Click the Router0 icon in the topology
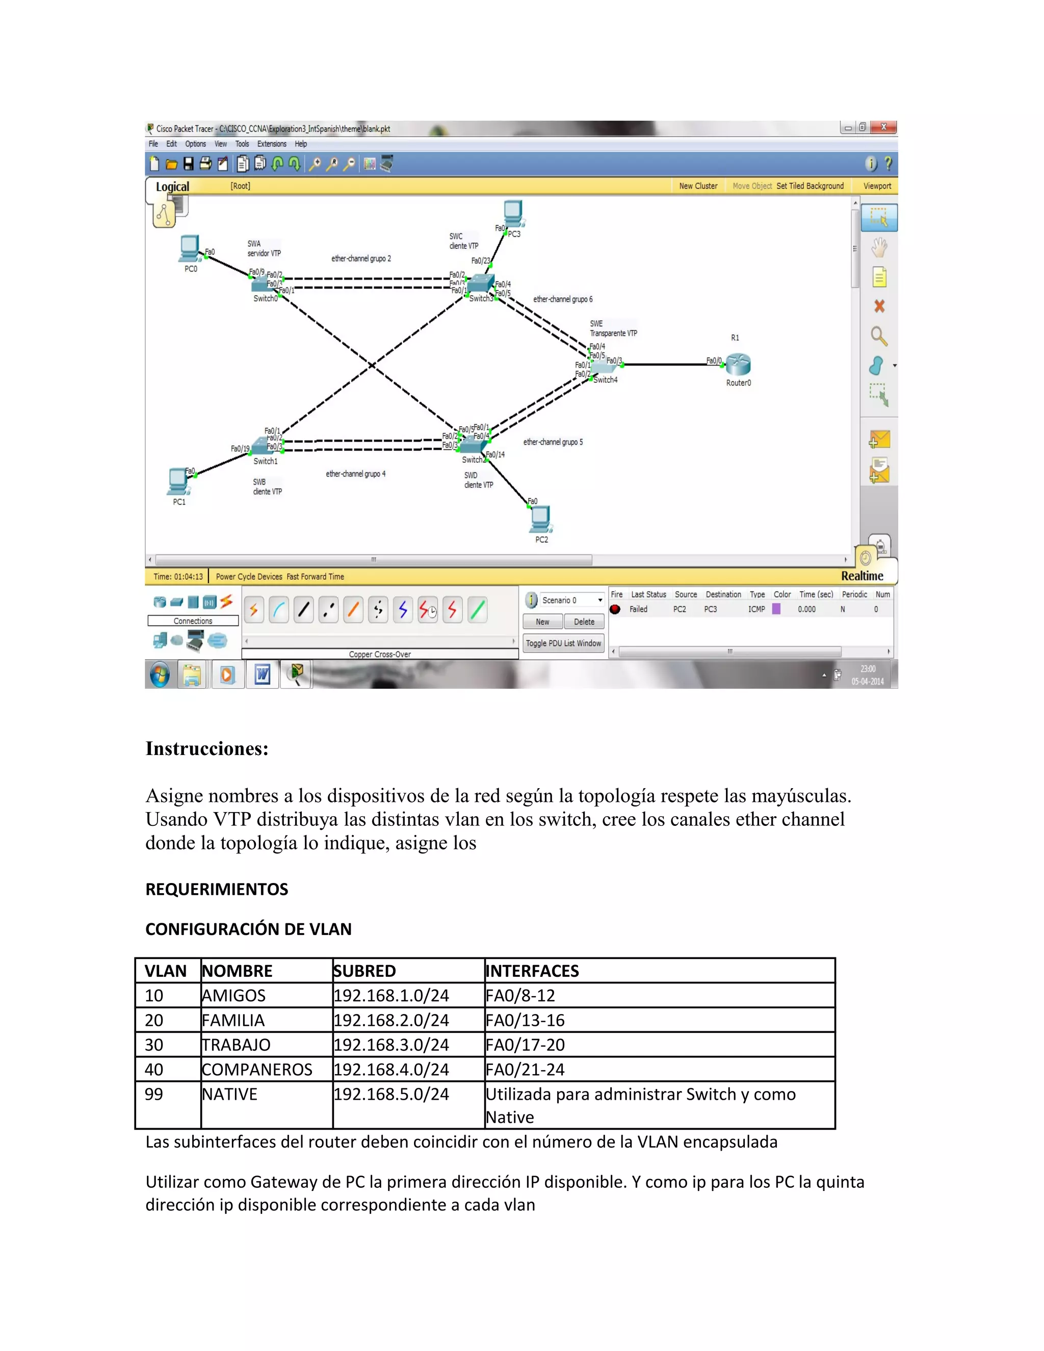click(738, 365)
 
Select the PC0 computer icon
click(190, 249)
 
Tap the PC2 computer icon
click(540, 519)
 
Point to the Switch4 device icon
click(604, 368)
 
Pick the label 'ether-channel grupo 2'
click(361, 258)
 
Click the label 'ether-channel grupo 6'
click(563, 299)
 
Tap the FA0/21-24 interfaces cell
click(525, 1070)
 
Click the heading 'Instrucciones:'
click(207, 748)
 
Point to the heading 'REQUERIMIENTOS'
click(217, 889)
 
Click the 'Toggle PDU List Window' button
click(563, 643)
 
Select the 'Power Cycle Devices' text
click(249, 577)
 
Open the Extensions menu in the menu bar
click(272, 144)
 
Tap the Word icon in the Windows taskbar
click(262, 674)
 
